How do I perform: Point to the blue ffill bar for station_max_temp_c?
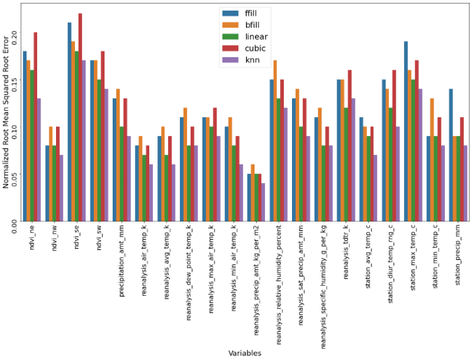click(407, 132)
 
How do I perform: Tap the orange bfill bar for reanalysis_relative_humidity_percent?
click(275, 141)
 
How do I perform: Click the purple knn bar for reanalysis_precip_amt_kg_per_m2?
click(262, 202)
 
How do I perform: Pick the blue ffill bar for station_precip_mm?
click(451, 155)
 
